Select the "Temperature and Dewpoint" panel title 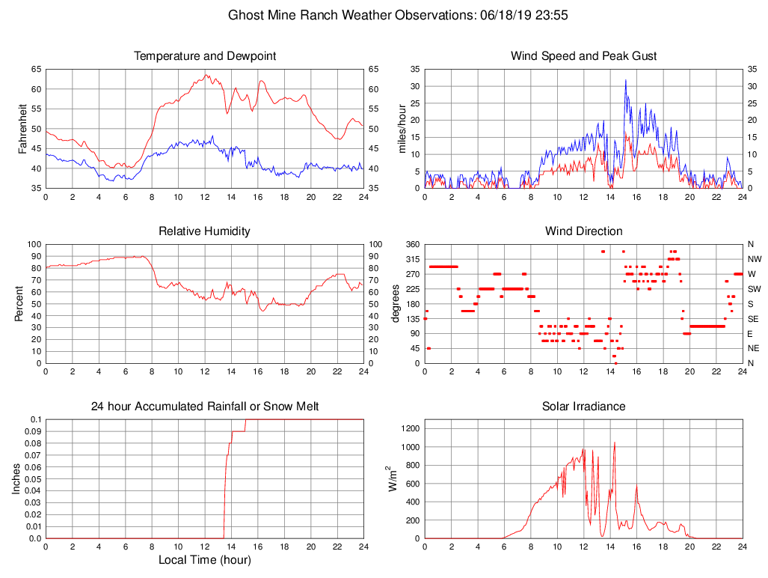tap(204, 56)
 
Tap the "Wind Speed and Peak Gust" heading tap(583, 56)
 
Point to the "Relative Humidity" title tap(204, 231)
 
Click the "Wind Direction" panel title tap(583, 231)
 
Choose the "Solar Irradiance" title tap(583, 407)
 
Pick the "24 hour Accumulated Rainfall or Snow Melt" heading tap(204, 407)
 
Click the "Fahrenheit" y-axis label tap(22, 129)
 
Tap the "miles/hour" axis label tap(402, 129)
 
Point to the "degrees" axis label tap(396, 304)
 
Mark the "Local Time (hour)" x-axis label tap(204, 559)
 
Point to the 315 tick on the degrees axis tap(411, 259)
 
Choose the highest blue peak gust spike tap(626, 81)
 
